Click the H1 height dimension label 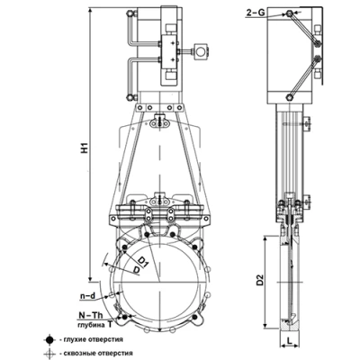85,148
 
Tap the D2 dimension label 260,280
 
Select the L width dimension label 289,341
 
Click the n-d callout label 87,296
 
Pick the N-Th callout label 91,315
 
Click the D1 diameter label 144,262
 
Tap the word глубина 89,325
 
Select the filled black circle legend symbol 49,340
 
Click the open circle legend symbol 49,354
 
